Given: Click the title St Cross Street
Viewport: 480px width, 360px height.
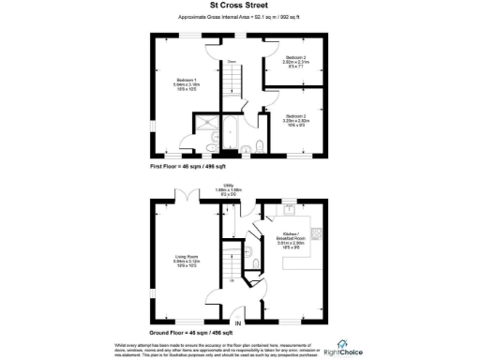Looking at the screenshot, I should click(x=239, y=5).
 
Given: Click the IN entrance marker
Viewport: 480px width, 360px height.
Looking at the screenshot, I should click(x=237, y=323).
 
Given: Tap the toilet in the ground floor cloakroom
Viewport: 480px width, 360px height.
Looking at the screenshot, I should click(x=230, y=298).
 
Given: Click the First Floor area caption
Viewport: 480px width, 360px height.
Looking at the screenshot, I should click(x=188, y=165).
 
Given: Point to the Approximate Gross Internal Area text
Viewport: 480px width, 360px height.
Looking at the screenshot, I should click(x=239, y=18).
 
